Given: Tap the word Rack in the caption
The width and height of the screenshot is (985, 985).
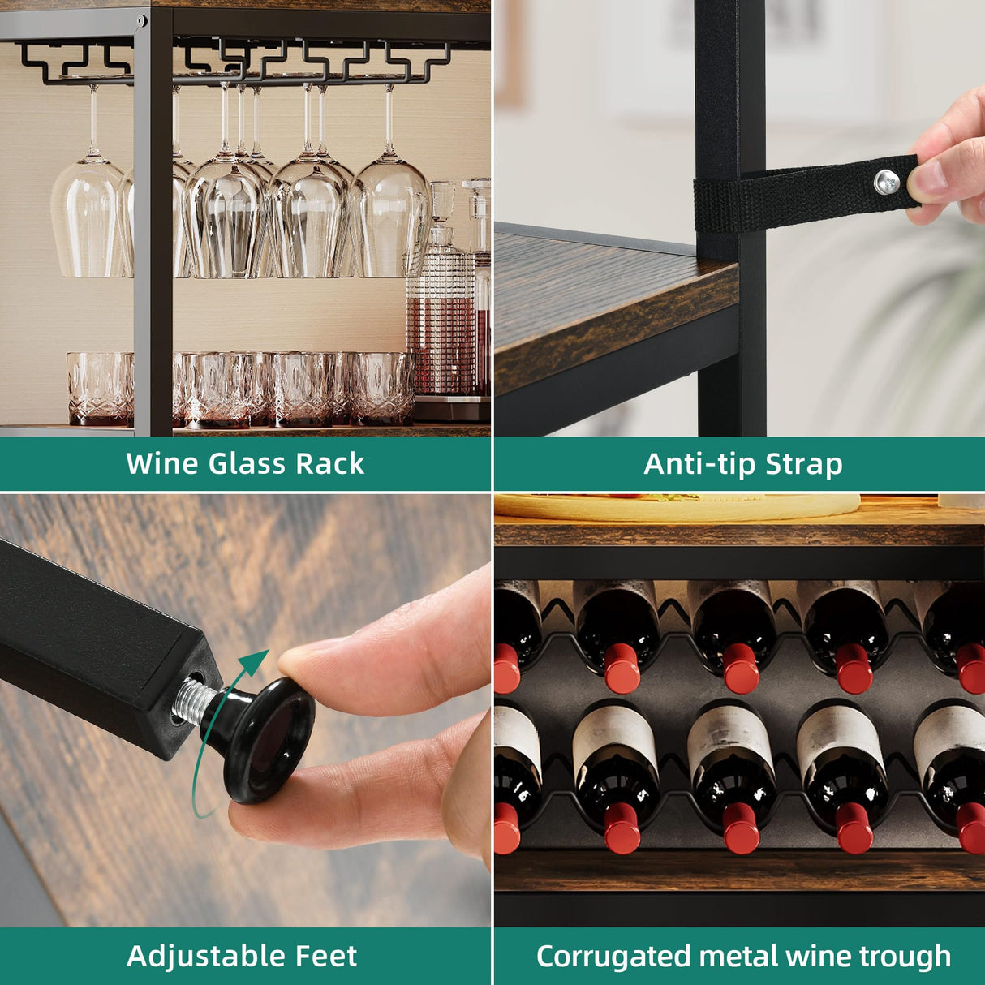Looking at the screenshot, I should click(x=329, y=463).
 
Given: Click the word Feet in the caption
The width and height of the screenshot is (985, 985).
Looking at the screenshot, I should click(x=324, y=956).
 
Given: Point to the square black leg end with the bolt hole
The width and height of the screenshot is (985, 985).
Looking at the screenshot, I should click(x=183, y=698).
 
